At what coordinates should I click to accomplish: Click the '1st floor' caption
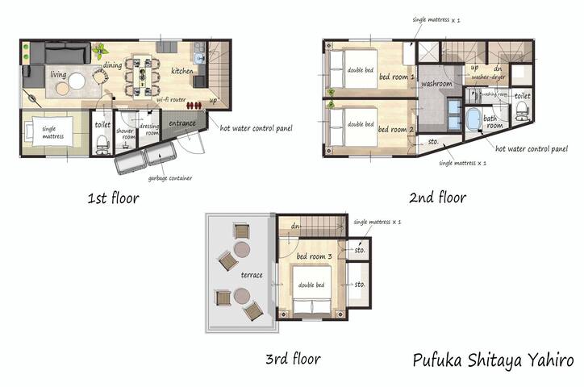(114, 198)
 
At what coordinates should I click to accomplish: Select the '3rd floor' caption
(292, 359)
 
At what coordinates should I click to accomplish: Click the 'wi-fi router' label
(171, 101)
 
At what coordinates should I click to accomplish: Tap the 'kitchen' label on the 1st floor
(183, 71)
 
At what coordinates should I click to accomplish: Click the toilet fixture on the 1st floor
(102, 144)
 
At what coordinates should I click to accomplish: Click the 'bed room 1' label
(396, 77)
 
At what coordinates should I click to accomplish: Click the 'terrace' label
(252, 275)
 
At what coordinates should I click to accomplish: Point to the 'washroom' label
(436, 83)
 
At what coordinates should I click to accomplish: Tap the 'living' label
(59, 75)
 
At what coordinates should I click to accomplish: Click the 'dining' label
(112, 64)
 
